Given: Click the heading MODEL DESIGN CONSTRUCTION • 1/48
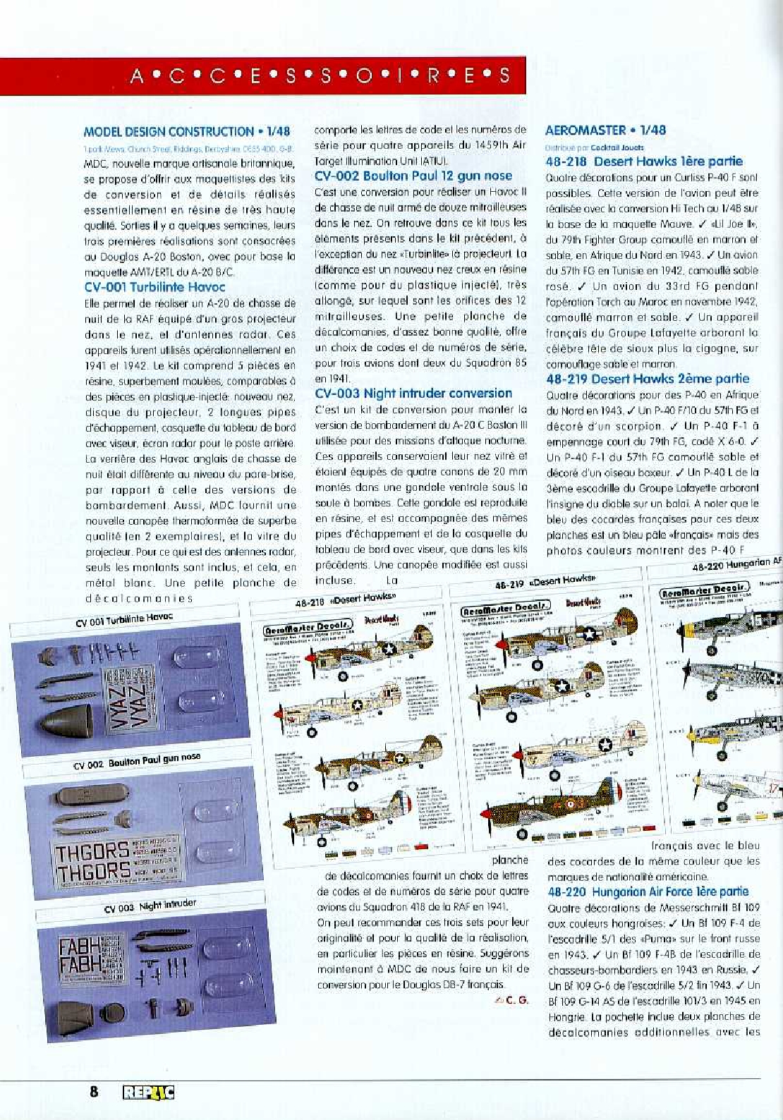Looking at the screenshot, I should coord(186,132).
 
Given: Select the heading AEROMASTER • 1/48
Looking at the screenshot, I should coord(605,130).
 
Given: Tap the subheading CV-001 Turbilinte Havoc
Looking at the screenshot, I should coord(154,286).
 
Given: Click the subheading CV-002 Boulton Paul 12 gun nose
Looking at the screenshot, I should coord(413,176).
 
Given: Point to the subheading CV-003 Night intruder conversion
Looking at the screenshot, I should coord(413,394).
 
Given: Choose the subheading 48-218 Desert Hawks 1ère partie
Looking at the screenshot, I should coord(644,161).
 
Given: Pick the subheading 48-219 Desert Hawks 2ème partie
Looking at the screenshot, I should coord(648,379).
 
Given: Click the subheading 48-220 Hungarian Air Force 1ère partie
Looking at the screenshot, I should coord(648,891).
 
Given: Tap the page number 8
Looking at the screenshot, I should coord(94,1092).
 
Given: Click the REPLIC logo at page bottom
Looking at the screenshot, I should coord(148,1093).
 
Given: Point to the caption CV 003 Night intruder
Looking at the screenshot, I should coord(150,906).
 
